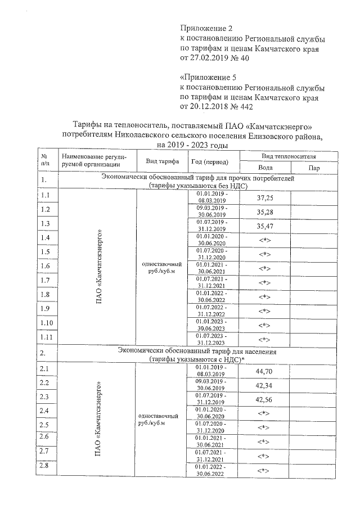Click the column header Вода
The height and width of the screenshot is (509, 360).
pyautogui.click(x=265, y=168)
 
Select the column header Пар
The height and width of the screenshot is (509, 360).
pyautogui.click(x=314, y=168)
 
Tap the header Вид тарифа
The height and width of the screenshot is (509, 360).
pyautogui.click(x=163, y=161)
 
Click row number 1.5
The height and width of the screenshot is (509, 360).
pyautogui.click(x=46, y=251)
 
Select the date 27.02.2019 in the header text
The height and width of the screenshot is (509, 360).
pyautogui.click(x=214, y=58)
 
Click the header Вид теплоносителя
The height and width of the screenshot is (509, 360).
pyautogui.click(x=289, y=156)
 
